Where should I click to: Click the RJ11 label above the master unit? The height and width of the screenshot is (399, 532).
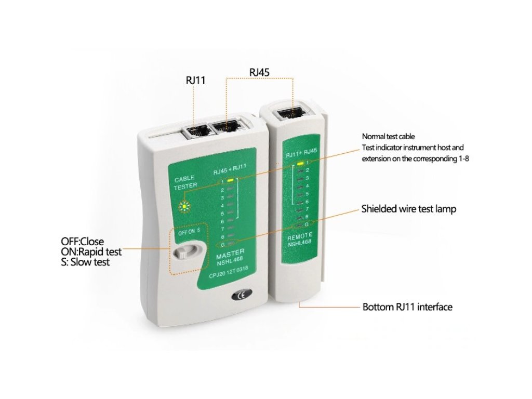click(x=195, y=81)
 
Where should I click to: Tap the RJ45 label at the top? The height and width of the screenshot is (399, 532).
click(x=259, y=72)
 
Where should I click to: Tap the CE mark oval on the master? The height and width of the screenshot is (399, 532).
click(x=239, y=296)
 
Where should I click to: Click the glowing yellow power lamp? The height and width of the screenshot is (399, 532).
click(x=183, y=207)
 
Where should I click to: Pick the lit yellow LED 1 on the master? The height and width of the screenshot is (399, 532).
click(x=230, y=181)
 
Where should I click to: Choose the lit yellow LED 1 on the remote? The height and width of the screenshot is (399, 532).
click(x=300, y=163)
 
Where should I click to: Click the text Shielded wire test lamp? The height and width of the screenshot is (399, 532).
click(x=408, y=209)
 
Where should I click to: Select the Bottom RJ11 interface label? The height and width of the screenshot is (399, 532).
click(x=407, y=307)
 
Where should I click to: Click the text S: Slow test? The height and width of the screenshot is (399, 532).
click(x=85, y=262)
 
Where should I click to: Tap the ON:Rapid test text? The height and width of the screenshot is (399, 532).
click(x=91, y=252)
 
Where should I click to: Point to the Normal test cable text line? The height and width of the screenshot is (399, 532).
click(x=388, y=137)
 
